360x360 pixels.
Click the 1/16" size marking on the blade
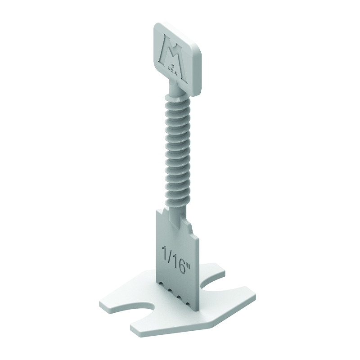coord(176,256)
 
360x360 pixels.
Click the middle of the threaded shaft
coord(177,153)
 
